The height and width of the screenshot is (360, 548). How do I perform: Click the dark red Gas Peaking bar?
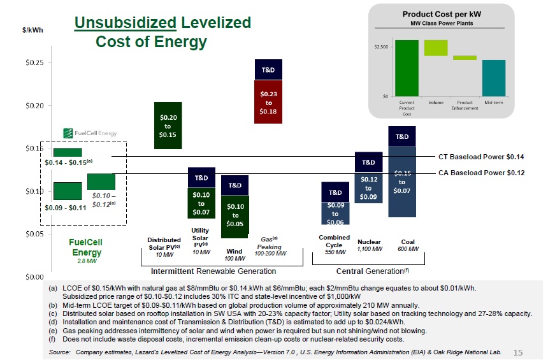(268, 101)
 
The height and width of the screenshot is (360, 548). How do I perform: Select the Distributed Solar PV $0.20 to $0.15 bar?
(168, 126)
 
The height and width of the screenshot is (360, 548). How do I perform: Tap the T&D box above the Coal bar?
(402, 136)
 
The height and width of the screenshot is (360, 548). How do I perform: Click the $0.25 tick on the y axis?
(33, 62)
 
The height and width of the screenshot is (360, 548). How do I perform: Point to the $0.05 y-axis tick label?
(33, 234)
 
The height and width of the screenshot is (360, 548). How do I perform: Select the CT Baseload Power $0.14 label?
(480, 156)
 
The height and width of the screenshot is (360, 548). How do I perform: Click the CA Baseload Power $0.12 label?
(480, 173)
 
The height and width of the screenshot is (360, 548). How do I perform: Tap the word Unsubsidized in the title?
(125, 24)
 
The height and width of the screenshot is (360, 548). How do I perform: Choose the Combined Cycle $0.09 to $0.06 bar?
(335, 213)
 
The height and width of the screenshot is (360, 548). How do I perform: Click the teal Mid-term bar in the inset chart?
(494, 78)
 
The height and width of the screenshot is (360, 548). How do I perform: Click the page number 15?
(517, 352)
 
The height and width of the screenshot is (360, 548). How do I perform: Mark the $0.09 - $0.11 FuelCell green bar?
(68, 191)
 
